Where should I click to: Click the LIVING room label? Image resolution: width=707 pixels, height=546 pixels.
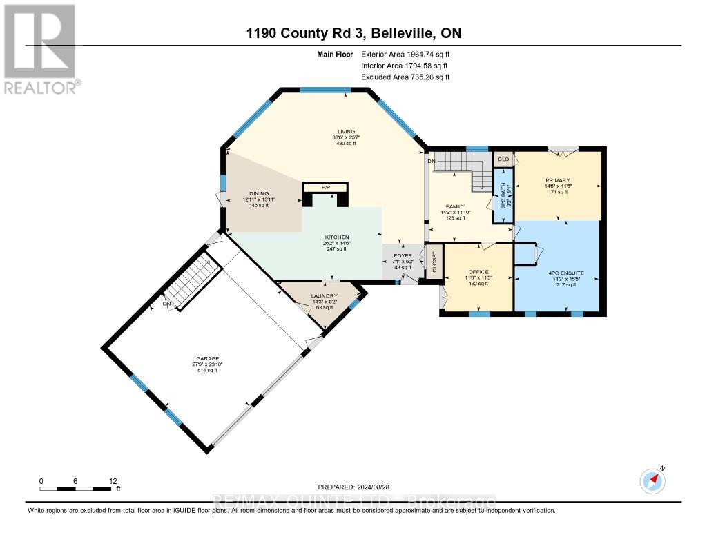tap(346, 131)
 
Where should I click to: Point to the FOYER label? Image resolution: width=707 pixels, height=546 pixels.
tap(403, 255)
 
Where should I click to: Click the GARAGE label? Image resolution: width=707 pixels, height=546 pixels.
tap(206, 358)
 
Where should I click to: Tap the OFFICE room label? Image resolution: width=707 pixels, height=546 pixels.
tap(478, 272)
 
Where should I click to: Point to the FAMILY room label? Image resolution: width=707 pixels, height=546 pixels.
tap(454, 206)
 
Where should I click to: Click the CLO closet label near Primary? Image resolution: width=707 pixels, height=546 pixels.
tap(503, 159)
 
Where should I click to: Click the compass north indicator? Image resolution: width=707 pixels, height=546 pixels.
tap(652, 479)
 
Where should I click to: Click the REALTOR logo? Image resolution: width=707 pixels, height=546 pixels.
tap(41, 48)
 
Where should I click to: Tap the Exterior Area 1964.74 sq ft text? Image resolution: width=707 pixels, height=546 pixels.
tap(405, 54)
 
